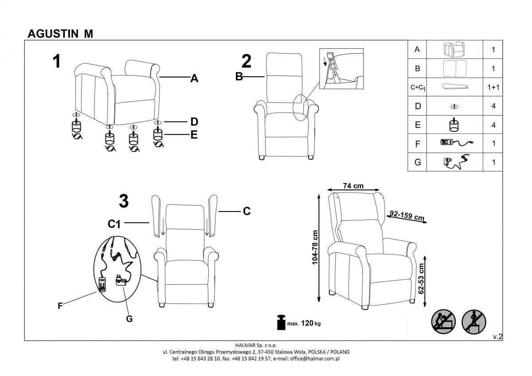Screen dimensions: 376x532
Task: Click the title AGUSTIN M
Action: [x=60, y=34]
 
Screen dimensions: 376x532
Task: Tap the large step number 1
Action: [x=57, y=62]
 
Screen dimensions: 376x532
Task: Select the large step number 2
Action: [x=246, y=61]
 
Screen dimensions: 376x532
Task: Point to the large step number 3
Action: [x=124, y=202]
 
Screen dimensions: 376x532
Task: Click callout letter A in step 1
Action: [x=194, y=79]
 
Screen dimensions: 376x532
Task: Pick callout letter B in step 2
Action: [x=239, y=77]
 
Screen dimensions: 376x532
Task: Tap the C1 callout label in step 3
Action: [x=114, y=224]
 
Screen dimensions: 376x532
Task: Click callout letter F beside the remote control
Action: [x=59, y=305]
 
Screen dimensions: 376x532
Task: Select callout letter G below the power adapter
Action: [x=129, y=318]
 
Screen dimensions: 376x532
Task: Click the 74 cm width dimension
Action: [x=353, y=186]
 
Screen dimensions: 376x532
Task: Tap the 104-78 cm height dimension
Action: [x=315, y=247]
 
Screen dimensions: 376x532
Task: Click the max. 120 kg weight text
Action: [x=304, y=323]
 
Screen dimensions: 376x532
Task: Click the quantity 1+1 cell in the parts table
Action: [x=493, y=87]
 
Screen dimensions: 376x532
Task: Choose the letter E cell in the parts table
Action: [x=417, y=125]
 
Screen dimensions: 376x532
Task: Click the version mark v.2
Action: [x=497, y=337]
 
